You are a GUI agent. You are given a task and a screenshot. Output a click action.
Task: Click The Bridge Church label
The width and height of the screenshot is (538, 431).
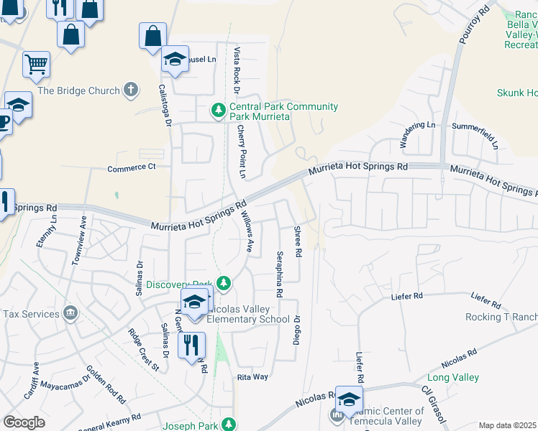point(78,91)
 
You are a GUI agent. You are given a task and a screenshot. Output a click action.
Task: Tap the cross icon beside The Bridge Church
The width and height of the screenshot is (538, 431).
point(130,90)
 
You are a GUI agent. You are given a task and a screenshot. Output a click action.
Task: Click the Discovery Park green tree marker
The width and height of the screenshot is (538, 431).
point(224,284)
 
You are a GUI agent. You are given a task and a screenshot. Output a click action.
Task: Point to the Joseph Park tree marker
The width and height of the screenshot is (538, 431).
point(229,425)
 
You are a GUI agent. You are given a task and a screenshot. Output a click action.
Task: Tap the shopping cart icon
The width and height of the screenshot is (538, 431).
point(36,65)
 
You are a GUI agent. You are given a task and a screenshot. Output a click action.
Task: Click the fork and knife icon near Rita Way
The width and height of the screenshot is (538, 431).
point(191,346)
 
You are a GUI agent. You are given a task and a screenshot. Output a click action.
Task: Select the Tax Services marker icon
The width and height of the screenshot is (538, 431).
point(70,314)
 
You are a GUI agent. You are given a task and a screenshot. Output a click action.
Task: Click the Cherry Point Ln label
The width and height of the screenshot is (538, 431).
point(242,152)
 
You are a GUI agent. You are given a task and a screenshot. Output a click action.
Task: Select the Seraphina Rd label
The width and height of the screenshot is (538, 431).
point(278,274)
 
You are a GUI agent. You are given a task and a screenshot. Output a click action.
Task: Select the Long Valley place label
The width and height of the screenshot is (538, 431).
point(453,377)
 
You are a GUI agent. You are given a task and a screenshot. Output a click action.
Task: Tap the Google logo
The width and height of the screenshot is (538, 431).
point(24,422)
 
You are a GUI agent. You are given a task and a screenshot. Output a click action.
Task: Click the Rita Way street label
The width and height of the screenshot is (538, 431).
point(252,376)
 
